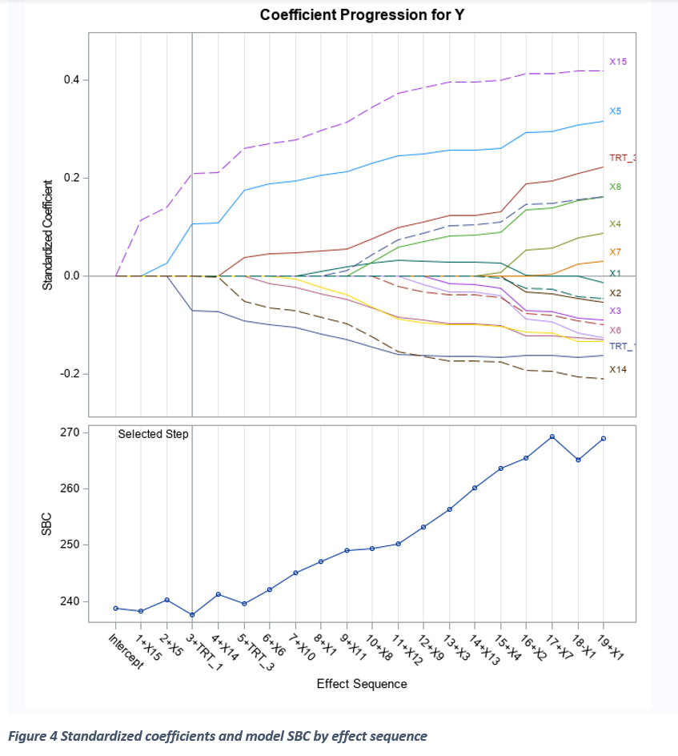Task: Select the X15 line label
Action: click(x=617, y=62)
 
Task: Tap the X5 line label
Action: click(x=615, y=111)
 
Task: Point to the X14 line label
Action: click(x=617, y=370)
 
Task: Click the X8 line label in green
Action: click(x=615, y=187)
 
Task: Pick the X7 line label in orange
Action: click(x=615, y=252)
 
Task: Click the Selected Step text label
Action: click(x=153, y=434)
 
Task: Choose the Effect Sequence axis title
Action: click(x=361, y=684)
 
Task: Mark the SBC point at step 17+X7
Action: click(x=552, y=436)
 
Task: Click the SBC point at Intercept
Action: click(x=116, y=609)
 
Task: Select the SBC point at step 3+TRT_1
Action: click(x=192, y=615)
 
